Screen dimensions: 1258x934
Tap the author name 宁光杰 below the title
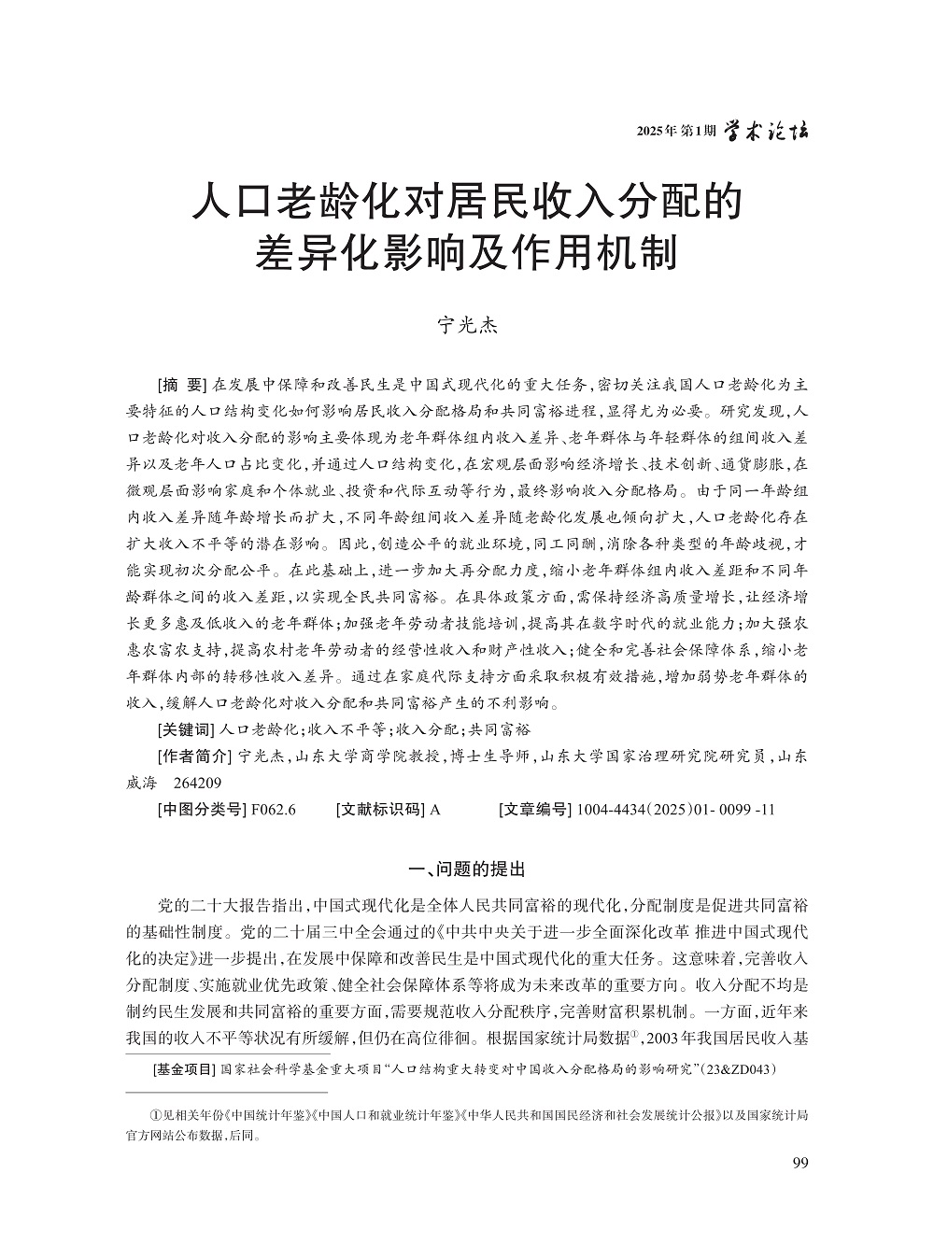(467, 326)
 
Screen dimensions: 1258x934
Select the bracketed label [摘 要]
(182, 385)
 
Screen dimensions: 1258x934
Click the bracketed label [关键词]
(185, 729)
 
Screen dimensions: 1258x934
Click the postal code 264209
(198, 783)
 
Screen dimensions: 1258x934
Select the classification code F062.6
(274, 810)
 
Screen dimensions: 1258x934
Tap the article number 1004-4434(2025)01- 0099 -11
(676, 810)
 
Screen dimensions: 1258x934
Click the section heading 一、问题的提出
(467, 869)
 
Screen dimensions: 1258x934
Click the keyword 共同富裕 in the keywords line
(499, 729)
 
